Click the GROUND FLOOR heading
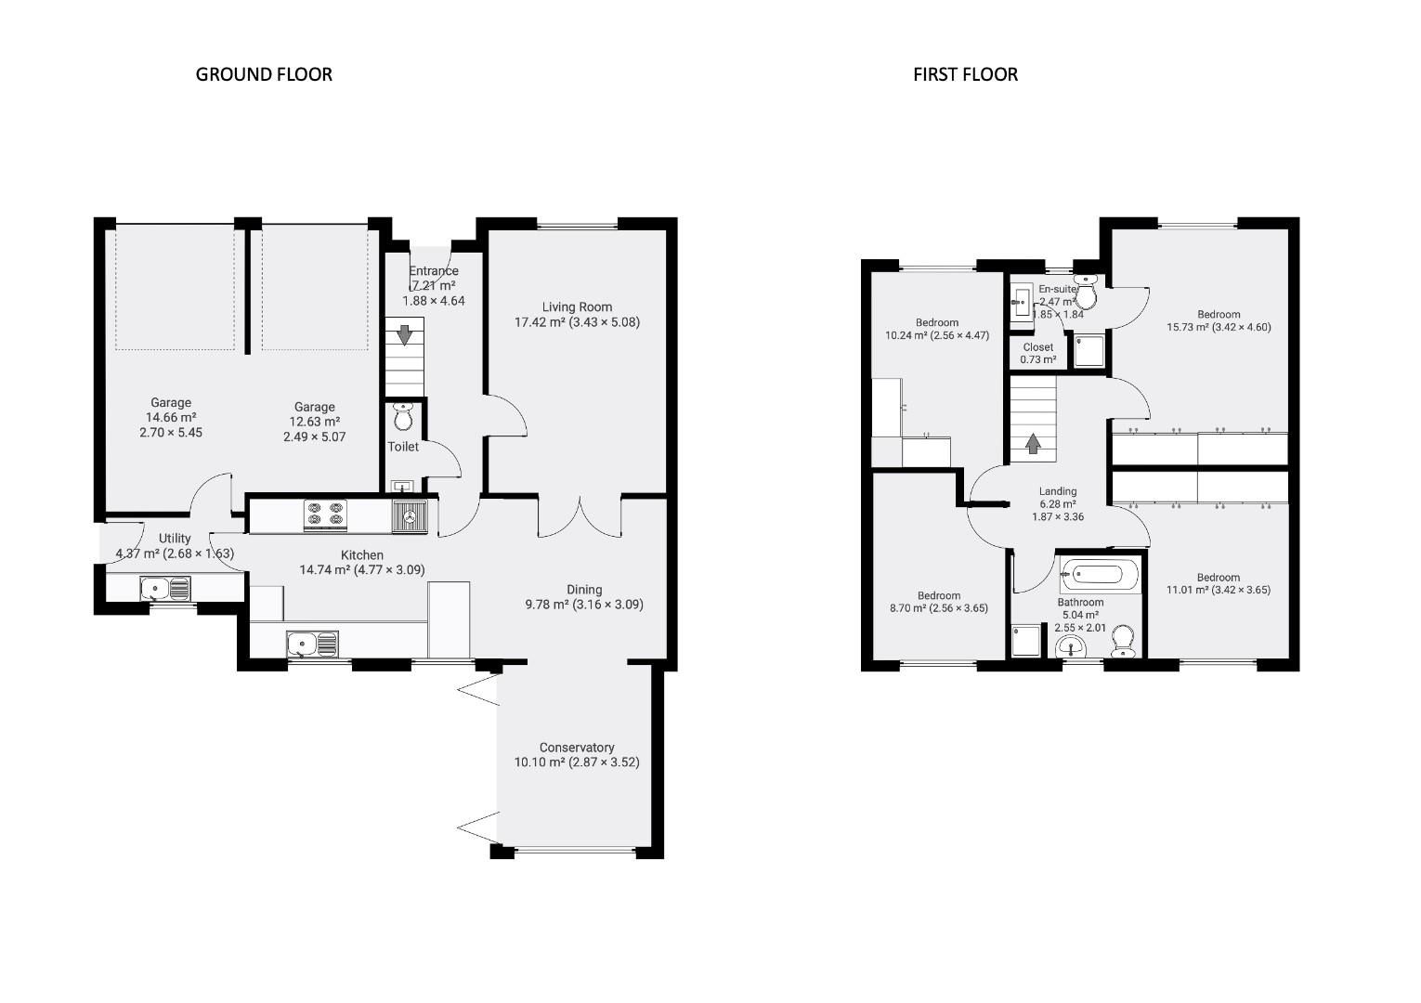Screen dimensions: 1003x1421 click(x=264, y=74)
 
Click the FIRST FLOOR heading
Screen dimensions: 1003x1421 click(x=965, y=74)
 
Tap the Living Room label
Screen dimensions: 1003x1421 click(x=577, y=307)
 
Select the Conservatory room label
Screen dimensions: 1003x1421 click(x=577, y=748)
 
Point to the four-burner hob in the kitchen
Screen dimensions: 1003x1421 click(x=325, y=515)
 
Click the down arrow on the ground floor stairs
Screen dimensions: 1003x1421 click(x=404, y=334)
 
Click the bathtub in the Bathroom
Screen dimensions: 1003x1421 click(x=1100, y=575)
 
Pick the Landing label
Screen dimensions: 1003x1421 click(x=1058, y=491)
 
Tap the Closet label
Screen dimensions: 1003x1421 click(x=1037, y=347)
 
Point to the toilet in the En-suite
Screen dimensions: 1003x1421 click(x=1085, y=293)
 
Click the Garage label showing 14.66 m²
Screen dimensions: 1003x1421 click(x=171, y=417)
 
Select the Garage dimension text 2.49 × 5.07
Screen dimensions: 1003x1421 click(x=314, y=436)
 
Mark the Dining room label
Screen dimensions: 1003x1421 click(x=584, y=590)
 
